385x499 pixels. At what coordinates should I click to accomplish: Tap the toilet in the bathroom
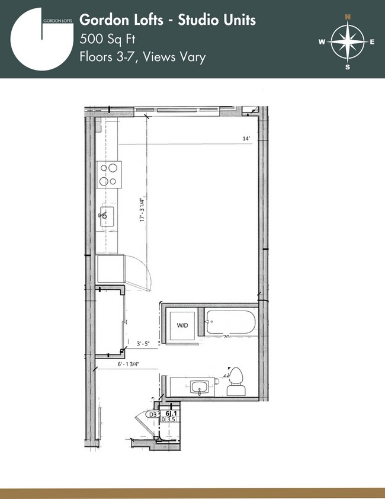coord(236,382)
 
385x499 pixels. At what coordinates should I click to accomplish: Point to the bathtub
coord(230,324)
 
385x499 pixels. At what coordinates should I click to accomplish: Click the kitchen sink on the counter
coord(107,214)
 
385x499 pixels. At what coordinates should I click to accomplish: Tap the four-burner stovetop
coord(109,174)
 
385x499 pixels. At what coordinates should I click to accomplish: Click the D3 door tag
coord(153,414)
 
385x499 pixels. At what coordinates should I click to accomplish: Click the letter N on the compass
coord(348,17)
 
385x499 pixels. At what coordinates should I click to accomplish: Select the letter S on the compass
coord(348,67)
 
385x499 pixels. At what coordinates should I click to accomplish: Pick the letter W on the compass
coord(322,41)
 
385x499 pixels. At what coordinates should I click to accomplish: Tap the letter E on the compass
coord(372,41)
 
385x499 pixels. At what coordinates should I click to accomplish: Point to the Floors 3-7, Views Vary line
coord(142,57)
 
